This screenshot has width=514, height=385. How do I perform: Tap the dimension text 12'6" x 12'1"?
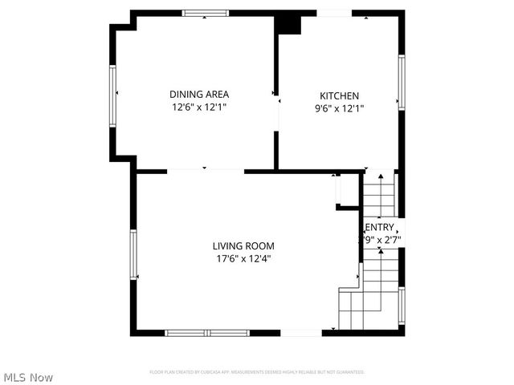pos(198,107)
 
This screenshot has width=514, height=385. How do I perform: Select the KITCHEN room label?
pos(340,95)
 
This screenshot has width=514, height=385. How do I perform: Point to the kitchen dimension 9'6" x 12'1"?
pos(340,107)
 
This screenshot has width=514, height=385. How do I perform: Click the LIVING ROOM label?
pos(244,246)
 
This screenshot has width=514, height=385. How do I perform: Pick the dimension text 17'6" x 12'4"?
pos(244,258)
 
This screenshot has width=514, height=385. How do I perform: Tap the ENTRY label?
pos(380,227)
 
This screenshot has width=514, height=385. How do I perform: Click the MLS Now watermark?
pos(28,377)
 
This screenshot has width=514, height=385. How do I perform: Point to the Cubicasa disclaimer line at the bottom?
pos(257,372)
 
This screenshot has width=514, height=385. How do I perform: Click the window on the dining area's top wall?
pos(206,13)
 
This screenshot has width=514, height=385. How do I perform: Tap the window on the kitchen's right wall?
pos(401,80)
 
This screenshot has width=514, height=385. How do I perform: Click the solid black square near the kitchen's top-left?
pos(288,24)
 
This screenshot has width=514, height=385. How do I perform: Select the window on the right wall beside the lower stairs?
pos(401,305)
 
